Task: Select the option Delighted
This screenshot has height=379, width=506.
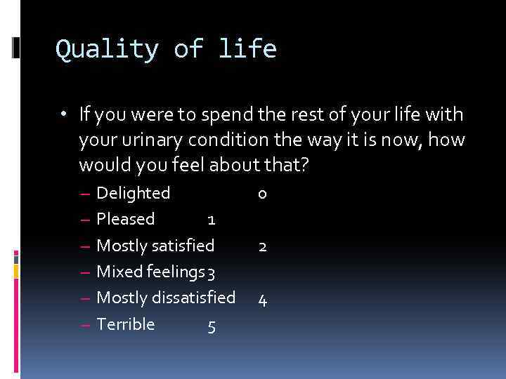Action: click(x=133, y=193)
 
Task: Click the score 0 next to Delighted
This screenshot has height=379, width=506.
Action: click(x=262, y=194)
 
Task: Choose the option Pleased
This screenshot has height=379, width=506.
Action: click(x=125, y=219)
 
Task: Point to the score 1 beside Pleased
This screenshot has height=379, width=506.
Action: click(x=211, y=220)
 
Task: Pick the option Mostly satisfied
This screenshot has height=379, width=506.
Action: click(x=155, y=246)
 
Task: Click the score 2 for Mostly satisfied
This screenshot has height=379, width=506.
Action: click(x=262, y=247)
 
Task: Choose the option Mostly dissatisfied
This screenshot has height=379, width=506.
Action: click(x=166, y=298)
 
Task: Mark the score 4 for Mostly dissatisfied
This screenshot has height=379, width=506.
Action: click(x=262, y=300)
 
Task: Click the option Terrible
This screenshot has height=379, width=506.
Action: click(x=125, y=324)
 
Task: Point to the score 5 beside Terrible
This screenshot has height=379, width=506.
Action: click(x=212, y=326)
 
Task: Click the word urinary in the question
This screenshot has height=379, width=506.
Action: click(x=146, y=140)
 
